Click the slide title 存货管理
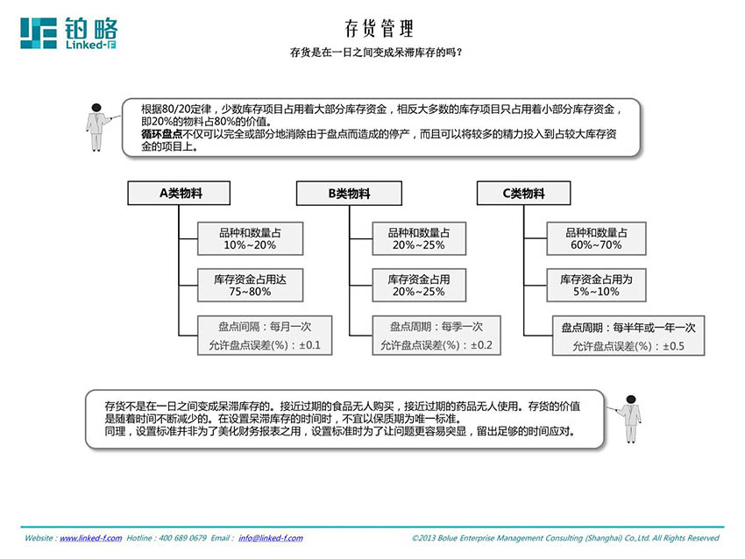point(379,29)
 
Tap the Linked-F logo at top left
point(69,33)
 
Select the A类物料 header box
point(179,194)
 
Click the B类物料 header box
point(349,194)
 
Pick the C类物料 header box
point(523,194)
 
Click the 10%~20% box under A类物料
point(250,238)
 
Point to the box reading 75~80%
point(250,285)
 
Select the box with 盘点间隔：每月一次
point(265,336)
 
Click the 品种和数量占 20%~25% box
point(419,238)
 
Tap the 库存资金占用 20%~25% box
point(419,285)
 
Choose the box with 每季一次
point(436,336)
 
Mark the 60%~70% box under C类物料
point(596,238)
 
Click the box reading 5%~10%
point(596,285)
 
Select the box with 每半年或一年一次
point(628,336)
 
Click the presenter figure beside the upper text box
point(98,127)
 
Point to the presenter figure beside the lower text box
point(629,419)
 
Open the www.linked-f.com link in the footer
point(91,538)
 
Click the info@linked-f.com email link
point(270,538)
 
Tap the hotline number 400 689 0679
point(182,538)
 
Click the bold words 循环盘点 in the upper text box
point(161,134)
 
